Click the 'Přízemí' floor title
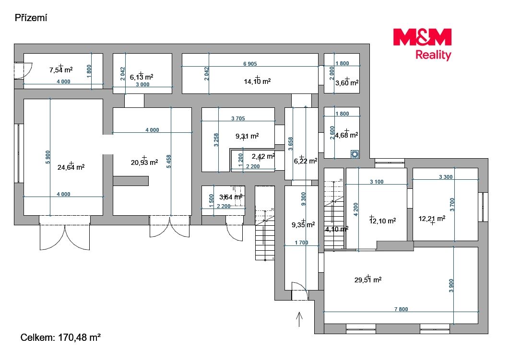(31, 18)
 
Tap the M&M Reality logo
(422, 45)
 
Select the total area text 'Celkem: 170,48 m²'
(60, 337)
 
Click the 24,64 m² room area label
(71, 167)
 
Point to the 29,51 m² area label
(368, 279)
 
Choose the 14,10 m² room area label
(257, 81)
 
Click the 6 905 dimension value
(250, 64)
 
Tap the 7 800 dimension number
(401, 309)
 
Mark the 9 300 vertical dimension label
(304, 199)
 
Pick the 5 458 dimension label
(168, 162)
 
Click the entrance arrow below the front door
(299, 319)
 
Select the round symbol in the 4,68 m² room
(355, 154)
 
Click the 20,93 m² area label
(144, 162)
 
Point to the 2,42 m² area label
(263, 156)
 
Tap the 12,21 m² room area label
(432, 219)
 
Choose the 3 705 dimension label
(238, 118)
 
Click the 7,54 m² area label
(61, 70)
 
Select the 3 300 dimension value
(446, 177)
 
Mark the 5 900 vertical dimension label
(47, 157)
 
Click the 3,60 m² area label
(347, 83)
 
